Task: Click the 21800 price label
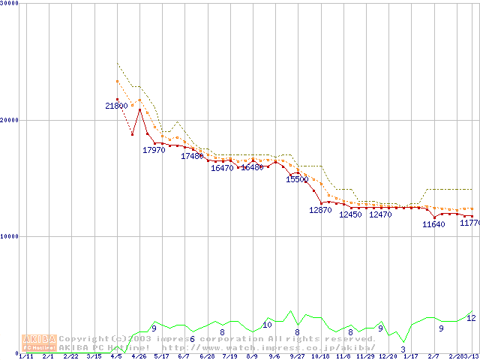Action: pyautogui.click(x=116, y=106)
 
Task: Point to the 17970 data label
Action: pyautogui.click(x=154, y=150)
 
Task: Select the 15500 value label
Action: pyautogui.click(x=297, y=180)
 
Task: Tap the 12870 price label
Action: pyautogui.click(x=320, y=211)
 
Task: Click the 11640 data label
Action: pyautogui.click(x=433, y=224)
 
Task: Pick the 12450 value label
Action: pyautogui.click(x=350, y=215)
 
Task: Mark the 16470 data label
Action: pyautogui.click(x=222, y=169)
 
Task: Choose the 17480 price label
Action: pyautogui.click(x=192, y=156)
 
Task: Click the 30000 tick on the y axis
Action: pyautogui.click(x=10, y=4)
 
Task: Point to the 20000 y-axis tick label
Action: pyautogui.click(x=10, y=120)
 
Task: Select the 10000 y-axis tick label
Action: pyautogui.click(x=10, y=236)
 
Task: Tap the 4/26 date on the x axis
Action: pyautogui.click(x=139, y=356)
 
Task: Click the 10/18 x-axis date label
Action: pyautogui.click(x=320, y=356)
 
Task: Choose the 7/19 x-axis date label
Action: pyautogui.click(x=229, y=356)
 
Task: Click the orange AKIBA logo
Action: pyautogui.click(x=39, y=343)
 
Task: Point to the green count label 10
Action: pyautogui.click(x=267, y=325)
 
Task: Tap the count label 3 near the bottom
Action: pyautogui.click(x=403, y=349)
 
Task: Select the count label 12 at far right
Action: pyautogui.click(x=471, y=318)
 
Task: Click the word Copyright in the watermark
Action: pyautogui.click(x=83, y=339)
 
